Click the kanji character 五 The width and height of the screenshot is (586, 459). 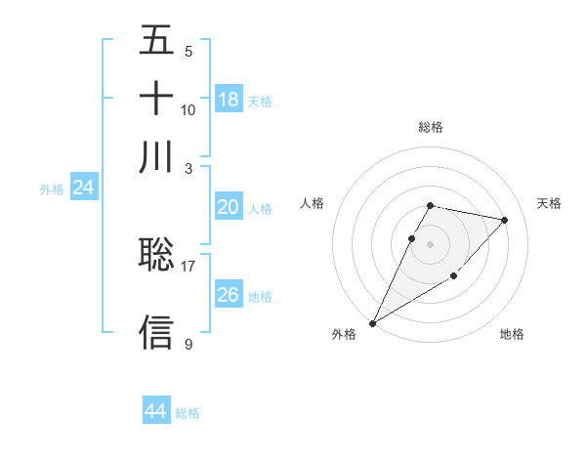[157, 41]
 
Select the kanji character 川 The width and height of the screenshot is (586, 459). [157, 156]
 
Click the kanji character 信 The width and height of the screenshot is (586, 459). [157, 332]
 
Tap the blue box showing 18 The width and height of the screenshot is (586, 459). [229, 100]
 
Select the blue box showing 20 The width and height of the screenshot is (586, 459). [229, 207]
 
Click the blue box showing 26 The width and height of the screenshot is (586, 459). [229, 295]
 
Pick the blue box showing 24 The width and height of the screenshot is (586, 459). [84, 188]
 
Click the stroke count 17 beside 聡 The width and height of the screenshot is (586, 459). [188, 265]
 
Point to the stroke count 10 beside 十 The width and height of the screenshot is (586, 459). [188, 109]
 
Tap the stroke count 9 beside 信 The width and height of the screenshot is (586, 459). [188, 344]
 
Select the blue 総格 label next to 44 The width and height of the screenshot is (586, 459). [188, 413]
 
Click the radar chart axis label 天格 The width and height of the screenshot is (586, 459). [549, 203]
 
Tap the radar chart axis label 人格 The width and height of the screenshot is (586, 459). [313, 203]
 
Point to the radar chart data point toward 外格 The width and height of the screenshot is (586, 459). [372, 323]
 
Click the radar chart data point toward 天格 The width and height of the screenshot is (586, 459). [504, 220]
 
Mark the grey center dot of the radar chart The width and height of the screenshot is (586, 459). [430, 243]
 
